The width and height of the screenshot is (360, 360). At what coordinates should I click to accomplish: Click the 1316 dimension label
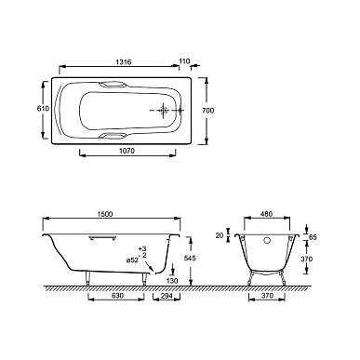pyautogui.click(x=124, y=62)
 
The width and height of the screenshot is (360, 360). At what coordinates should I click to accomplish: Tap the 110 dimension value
pyautogui.click(x=184, y=61)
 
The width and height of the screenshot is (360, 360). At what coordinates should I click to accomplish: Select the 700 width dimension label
pyautogui.click(x=207, y=110)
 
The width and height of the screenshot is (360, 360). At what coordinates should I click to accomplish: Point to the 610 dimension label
pyautogui.click(x=43, y=109)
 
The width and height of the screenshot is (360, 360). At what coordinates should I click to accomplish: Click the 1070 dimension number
pyautogui.click(x=127, y=151)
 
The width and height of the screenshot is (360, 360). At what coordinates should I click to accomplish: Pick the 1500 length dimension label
pyautogui.click(x=105, y=214)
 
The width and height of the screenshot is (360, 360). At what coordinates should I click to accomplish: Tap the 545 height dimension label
pyautogui.click(x=190, y=258)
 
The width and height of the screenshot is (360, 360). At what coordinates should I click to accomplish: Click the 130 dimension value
pyautogui.click(x=172, y=281)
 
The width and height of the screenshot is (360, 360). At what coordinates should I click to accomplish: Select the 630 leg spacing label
pyautogui.click(x=117, y=296)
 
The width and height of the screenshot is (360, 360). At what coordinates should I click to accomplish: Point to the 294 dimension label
pyautogui.click(x=167, y=296)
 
